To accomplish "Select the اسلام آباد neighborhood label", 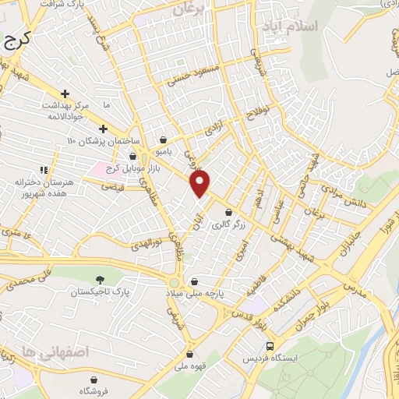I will pyautogui.click(x=291, y=26).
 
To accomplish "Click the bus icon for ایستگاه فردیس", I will pyautogui.click(x=270, y=345).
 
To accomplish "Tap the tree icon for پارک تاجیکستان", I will pyautogui.click(x=99, y=279).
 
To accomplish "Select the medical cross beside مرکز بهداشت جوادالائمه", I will pyautogui.click(x=65, y=94).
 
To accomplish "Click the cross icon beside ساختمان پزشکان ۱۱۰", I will pyautogui.click(x=103, y=129).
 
